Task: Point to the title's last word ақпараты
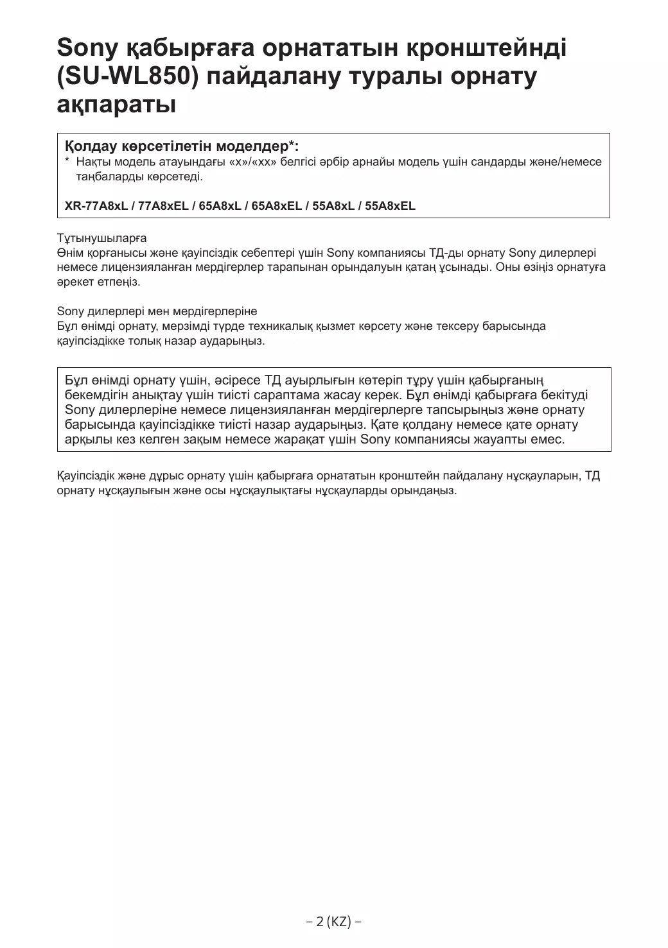click(x=116, y=103)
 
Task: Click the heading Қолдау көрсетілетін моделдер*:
click(x=182, y=146)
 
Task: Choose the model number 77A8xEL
click(x=163, y=206)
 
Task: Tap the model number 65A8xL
click(x=220, y=206)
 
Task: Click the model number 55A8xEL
click(x=390, y=206)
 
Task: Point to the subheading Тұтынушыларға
click(x=101, y=238)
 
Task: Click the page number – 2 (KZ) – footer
click(x=333, y=922)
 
